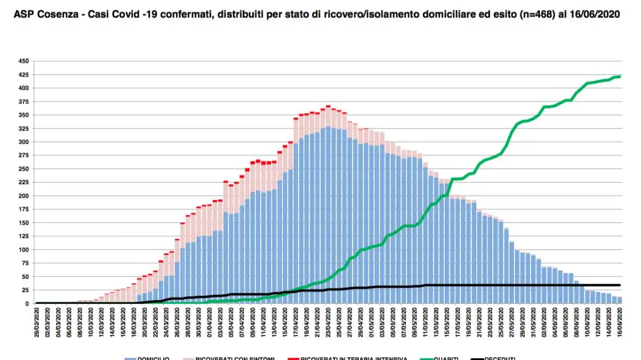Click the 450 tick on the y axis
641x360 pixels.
click(24, 61)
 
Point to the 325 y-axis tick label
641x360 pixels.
click(24, 128)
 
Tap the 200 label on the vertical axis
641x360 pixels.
click(24, 196)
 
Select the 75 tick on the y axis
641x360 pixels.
click(26, 263)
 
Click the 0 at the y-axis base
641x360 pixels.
click(28, 303)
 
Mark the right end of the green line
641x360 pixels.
click(620, 77)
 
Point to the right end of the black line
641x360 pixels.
click(620, 285)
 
